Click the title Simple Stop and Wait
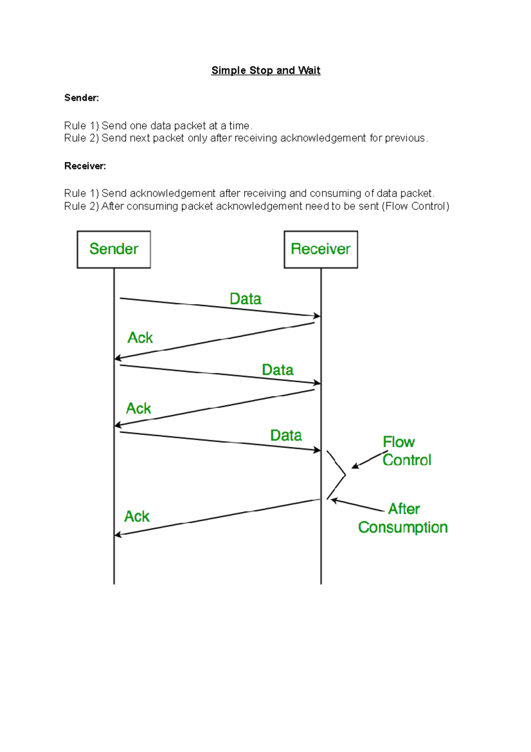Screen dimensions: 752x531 click(x=265, y=70)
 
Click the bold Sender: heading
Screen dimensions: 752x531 click(x=81, y=98)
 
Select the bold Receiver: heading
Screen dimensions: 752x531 click(x=85, y=166)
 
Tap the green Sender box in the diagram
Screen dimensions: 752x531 click(x=114, y=249)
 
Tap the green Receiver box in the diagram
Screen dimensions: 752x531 click(x=321, y=249)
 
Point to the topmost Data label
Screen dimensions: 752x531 click(x=245, y=299)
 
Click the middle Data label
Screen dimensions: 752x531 click(x=277, y=370)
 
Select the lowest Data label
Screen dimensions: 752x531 click(x=286, y=435)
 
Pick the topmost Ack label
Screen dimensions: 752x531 click(x=140, y=338)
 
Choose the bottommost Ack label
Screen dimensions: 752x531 click(x=137, y=516)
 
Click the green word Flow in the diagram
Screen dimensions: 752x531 click(x=399, y=442)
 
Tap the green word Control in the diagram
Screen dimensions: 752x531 click(x=407, y=460)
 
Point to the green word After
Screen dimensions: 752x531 click(x=404, y=509)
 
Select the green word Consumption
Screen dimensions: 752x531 click(x=403, y=527)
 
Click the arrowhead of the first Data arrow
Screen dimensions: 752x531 click(x=317, y=316)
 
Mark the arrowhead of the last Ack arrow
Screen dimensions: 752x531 click(x=117, y=535)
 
